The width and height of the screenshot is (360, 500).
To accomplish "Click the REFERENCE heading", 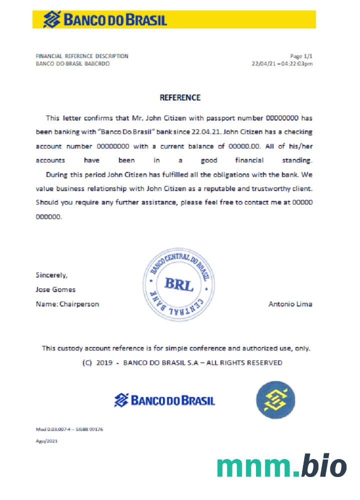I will coord(179,97).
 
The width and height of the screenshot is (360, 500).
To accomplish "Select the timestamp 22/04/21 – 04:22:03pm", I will coord(282,64).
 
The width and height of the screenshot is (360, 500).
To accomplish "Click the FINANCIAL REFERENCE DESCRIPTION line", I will coord(82,56).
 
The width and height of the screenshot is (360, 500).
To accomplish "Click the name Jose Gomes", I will coord(55,289).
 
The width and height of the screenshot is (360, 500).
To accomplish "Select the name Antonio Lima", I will coord(290,303).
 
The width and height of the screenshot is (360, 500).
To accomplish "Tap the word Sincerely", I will coord(51,274).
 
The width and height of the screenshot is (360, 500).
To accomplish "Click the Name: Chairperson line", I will coord(67,303).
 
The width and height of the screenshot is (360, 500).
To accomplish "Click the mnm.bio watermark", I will coord(281,466).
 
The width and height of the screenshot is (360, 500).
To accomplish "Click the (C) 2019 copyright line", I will coord(182,362).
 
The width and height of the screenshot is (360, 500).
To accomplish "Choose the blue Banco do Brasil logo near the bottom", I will coord(164,400).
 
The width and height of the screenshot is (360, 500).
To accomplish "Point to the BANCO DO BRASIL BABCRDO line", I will coord(73,64).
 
